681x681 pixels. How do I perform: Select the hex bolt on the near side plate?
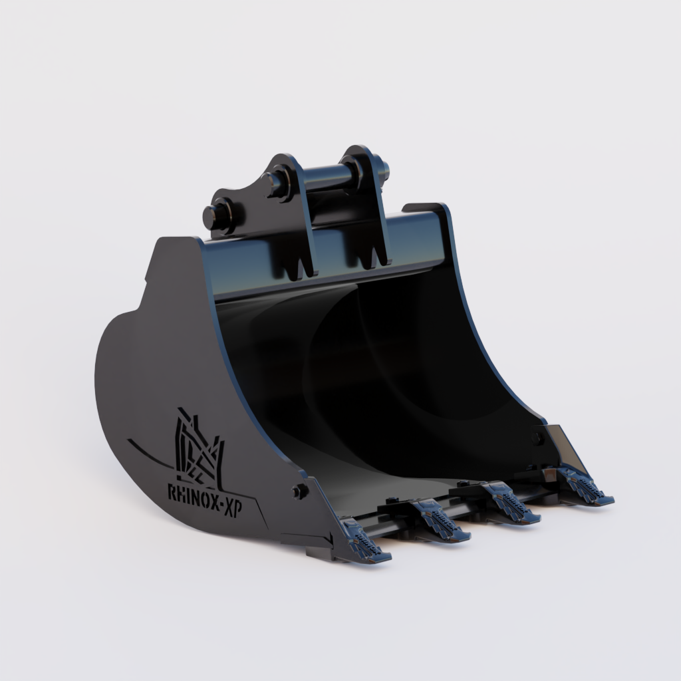click(x=299, y=491)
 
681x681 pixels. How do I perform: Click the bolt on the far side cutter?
click(x=537, y=437)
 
